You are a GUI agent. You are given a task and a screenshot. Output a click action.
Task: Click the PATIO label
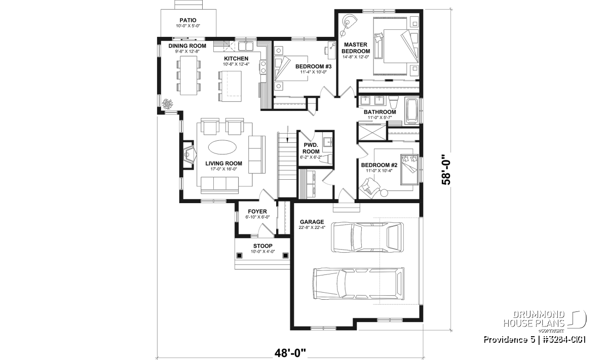click(x=188, y=20)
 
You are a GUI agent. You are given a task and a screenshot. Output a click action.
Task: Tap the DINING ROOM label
click(x=187, y=46)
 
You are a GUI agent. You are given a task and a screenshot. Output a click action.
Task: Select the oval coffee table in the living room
click(x=222, y=147)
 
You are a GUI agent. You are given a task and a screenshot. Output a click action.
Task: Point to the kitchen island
click(x=231, y=86)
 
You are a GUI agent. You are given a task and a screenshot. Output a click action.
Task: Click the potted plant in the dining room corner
click(x=167, y=104)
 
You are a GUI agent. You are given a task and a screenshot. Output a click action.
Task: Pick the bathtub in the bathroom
click(x=411, y=111)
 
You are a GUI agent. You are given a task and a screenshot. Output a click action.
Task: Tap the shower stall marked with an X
click(x=372, y=132)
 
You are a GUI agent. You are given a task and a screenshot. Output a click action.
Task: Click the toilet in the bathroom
click(x=393, y=103)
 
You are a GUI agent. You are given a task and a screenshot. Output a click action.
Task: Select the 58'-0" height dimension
click(x=446, y=170)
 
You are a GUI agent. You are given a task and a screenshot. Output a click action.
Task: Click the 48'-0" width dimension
click(x=290, y=353)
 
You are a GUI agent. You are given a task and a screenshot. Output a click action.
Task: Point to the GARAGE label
click(x=312, y=222)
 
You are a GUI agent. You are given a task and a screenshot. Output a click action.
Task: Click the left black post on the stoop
click(x=239, y=255)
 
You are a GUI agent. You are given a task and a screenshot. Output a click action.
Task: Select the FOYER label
click(x=257, y=211)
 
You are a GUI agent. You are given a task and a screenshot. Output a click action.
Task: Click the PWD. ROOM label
click(x=311, y=148)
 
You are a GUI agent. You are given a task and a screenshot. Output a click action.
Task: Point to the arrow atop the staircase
click(x=288, y=134)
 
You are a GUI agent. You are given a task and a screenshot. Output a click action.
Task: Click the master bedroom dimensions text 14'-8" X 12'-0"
click(x=356, y=57)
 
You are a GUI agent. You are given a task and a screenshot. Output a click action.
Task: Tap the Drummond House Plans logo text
click(x=534, y=319)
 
